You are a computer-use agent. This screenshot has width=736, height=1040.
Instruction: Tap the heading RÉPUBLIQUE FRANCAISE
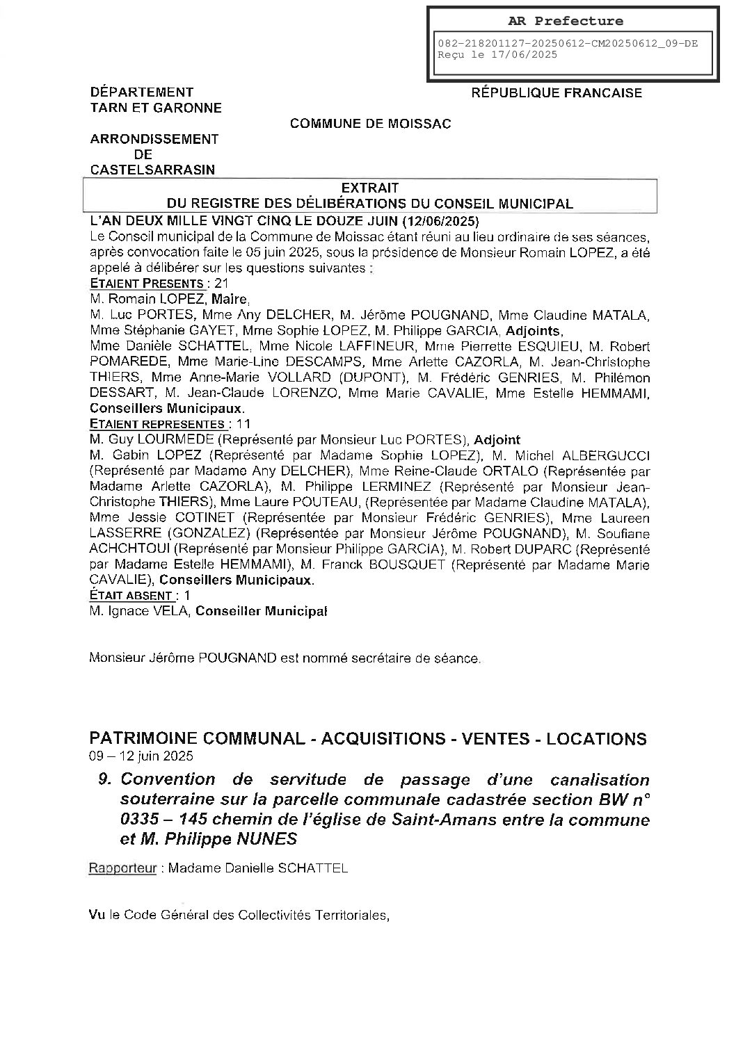(x=557, y=92)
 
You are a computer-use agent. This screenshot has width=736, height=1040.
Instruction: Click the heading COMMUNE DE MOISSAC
(x=370, y=124)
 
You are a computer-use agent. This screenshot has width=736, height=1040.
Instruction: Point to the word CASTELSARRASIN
(x=152, y=170)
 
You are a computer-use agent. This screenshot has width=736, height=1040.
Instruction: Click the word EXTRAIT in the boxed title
(x=369, y=188)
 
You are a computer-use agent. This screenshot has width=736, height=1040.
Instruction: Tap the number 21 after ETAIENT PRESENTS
(x=222, y=283)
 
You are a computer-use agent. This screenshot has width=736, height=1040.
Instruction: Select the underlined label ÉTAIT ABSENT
(x=131, y=596)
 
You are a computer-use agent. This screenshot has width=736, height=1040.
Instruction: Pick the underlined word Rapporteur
(x=122, y=868)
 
